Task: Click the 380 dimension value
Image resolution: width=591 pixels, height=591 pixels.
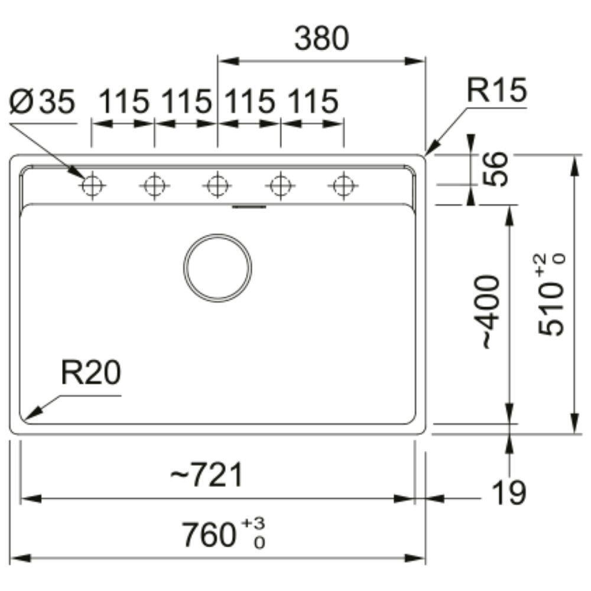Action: point(322,39)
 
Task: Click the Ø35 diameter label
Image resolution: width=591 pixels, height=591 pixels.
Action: point(43,103)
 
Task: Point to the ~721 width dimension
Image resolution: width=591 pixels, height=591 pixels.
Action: point(206,476)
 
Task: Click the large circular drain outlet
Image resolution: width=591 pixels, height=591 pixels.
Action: point(217,267)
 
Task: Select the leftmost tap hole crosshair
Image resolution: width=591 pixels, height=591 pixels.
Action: point(92,186)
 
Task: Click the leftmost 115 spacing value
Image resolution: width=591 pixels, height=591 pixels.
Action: point(123,102)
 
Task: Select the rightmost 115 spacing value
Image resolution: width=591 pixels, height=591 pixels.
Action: point(313,102)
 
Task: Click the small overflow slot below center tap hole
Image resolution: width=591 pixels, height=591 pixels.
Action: point(250,207)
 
